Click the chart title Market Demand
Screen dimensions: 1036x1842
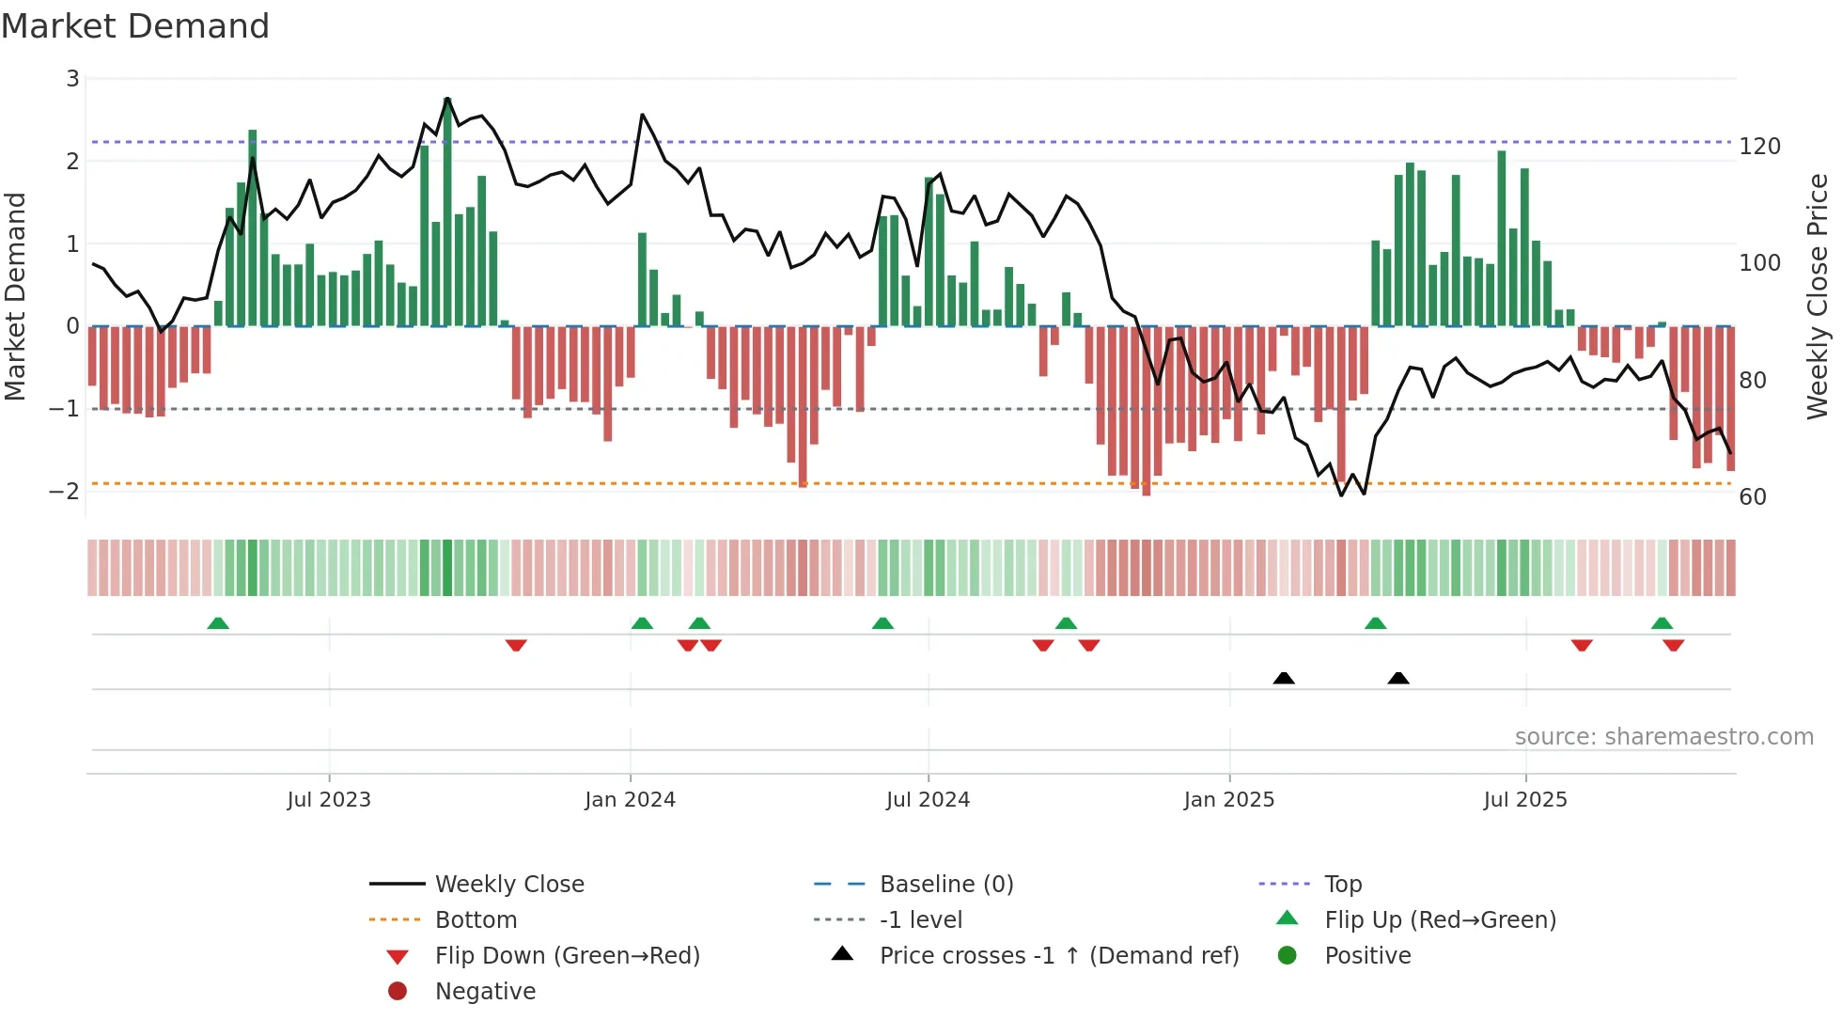coord(135,26)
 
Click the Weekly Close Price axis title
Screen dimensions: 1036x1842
coord(1818,296)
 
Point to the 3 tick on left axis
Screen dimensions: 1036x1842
coord(72,79)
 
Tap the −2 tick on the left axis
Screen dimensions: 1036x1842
coord(64,492)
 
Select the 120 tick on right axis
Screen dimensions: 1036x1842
coord(1759,147)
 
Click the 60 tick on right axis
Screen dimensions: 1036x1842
coord(1752,497)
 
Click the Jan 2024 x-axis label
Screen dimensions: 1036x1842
coord(630,800)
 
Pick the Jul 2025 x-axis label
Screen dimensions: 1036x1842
coord(1525,800)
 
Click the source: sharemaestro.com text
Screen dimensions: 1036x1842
coord(1663,737)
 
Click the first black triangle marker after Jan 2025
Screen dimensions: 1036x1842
coord(1284,678)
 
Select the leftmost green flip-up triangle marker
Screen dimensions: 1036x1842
coord(218,623)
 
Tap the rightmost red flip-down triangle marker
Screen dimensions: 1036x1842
coord(1673,645)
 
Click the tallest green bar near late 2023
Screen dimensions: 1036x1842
coord(447,212)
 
